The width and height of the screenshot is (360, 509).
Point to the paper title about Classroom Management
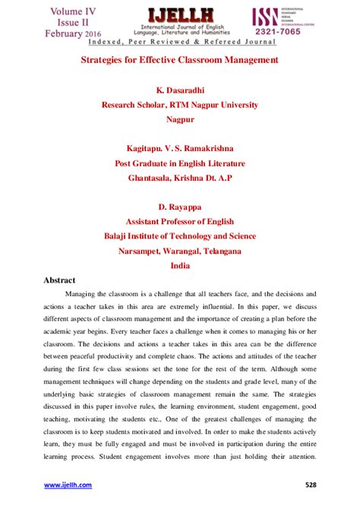pyautogui.click(x=180, y=58)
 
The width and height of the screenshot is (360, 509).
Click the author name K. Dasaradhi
pyautogui.click(x=180, y=92)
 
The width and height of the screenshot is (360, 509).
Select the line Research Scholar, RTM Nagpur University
pyautogui.click(x=180, y=106)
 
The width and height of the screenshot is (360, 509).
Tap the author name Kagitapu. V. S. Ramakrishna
pyautogui.click(x=180, y=149)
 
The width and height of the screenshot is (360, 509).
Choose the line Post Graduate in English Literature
pyautogui.click(x=180, y=163)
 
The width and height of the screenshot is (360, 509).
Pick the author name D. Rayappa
pyautogui.click(x=180, y=207)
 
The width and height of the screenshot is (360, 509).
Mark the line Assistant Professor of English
pyautogui.click(x=180, y=221)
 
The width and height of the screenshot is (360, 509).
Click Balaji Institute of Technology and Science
pyautogui.click(x=180, y=236)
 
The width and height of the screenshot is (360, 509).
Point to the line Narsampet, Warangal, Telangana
pyautogui.click(x=180, y=250)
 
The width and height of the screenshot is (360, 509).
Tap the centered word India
pyautogui.click(x=180, y=264)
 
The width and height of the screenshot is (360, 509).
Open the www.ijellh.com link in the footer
pyautogui.click(x=68, y=485)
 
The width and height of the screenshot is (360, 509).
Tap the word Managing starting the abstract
pyautogui.click(x=83, y=294)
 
